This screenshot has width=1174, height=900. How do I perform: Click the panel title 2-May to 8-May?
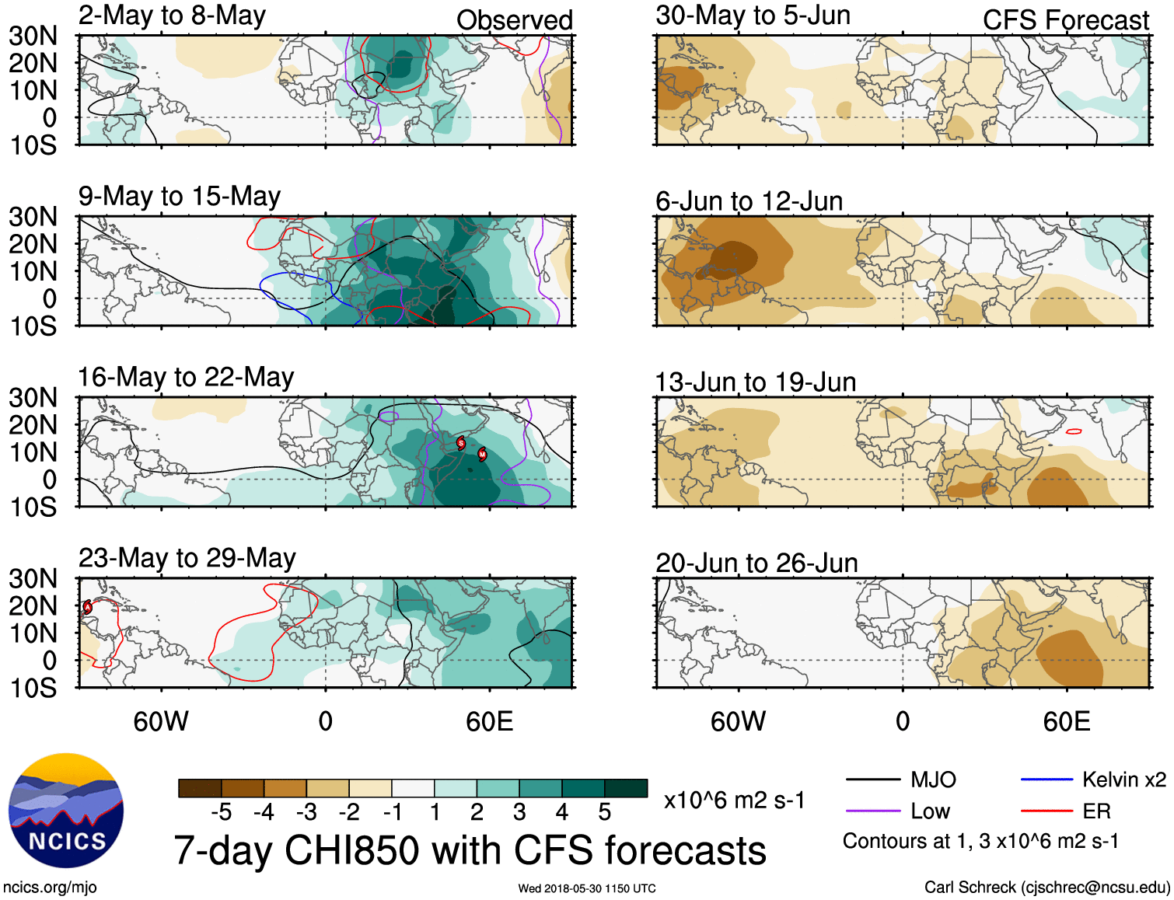click(x=172, y=16)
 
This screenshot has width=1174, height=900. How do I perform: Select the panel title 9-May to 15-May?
click(x=179, y=197)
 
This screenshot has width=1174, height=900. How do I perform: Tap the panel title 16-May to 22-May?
click(x=186, y=378)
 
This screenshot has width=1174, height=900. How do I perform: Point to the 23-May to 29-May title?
click(x=187, y=559)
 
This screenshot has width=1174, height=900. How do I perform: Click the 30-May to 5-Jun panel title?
click(x=753, y=16)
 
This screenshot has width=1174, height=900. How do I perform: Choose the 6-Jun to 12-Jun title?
click(x=749, y=201)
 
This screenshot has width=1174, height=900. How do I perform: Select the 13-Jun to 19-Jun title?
click(x=755, y=382)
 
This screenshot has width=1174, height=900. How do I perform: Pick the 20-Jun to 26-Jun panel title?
click(x=756, y=563)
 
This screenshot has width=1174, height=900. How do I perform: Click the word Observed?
click(x=514, y=20)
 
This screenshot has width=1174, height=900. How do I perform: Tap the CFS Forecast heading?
click(x=1065, y=20)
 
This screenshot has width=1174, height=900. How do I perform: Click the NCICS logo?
click(x=66, y=811)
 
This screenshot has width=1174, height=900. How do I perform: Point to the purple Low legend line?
click(x=872, y=811)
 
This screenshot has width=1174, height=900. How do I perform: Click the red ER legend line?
click(x=1046, y=811)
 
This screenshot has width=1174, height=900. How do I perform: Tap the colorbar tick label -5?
click(x=222, y=812)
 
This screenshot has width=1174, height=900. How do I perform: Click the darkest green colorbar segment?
click(x=626, y=788)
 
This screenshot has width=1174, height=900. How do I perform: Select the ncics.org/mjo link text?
click(x=50, y=888)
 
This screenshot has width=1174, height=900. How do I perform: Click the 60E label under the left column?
click(x=489, y=721)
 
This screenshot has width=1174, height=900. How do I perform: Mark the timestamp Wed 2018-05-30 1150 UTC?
click(x=587, y=888)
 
